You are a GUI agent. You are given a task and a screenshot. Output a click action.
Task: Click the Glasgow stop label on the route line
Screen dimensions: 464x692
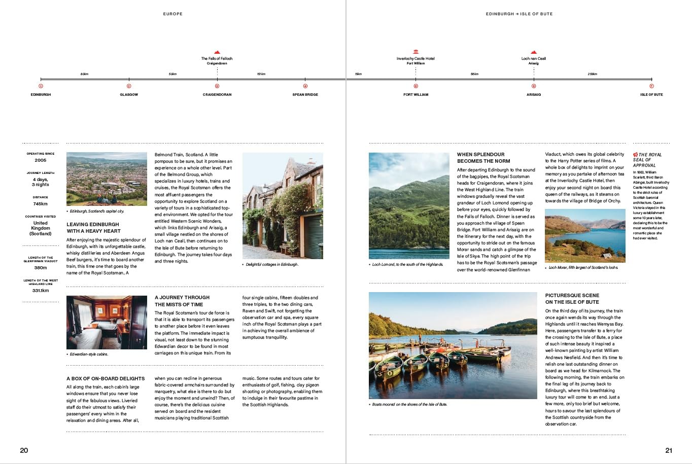(129, 95)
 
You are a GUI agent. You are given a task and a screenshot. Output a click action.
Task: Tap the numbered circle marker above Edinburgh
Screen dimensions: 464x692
(41, 86)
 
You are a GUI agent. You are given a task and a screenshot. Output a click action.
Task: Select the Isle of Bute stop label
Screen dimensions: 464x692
(651, 95)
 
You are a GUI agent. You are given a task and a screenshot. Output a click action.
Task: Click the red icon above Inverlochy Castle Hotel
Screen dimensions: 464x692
(416, 52)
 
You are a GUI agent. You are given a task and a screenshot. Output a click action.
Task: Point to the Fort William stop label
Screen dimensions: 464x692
(416, 95)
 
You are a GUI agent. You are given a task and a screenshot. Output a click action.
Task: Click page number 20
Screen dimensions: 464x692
(24, 450)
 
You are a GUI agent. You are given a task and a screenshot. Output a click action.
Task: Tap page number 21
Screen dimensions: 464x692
(668, 450)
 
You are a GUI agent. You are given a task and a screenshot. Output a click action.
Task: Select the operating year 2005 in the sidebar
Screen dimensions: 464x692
(41, 160)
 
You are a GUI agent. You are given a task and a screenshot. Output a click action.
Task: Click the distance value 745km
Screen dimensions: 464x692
(41, 204)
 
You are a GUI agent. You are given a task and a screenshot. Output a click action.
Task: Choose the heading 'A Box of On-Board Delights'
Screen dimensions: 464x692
(106, 379)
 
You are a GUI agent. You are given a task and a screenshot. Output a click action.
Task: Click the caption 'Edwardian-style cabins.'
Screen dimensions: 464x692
(89, 354)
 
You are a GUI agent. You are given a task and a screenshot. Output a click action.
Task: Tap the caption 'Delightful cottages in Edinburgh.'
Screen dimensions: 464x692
(272, 264)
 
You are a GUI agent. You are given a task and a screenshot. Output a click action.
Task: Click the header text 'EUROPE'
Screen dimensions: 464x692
(173, 14)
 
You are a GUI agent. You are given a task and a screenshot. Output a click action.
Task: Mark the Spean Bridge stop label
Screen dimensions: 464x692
(305, 95)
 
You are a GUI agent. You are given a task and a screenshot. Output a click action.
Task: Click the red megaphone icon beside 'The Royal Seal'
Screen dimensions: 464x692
(635, 155)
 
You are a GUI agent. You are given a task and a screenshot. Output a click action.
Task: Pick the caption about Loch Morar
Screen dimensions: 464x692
(583, 268)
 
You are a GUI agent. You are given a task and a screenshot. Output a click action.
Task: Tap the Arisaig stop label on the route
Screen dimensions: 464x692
(533, 95)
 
